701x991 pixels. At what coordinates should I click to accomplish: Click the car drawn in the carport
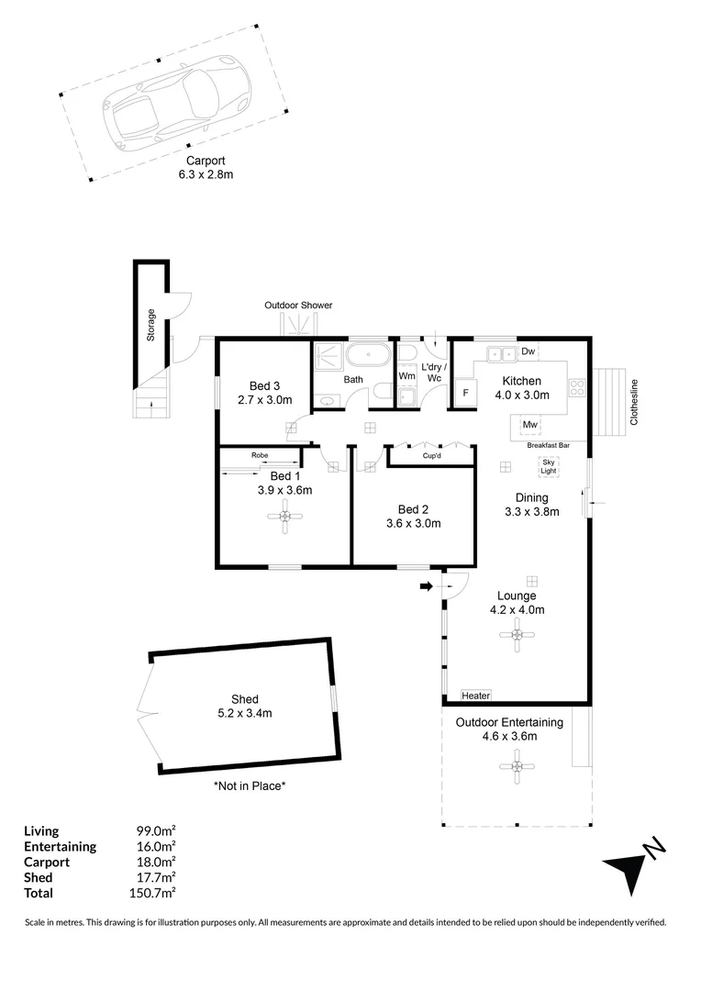click(174, 103)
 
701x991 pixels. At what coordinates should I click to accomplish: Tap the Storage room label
click(151, 325)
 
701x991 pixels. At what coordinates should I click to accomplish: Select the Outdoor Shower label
click(298, 305)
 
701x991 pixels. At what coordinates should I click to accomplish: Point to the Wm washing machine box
click(407, 375)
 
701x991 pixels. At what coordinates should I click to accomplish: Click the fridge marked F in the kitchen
click(465, 393)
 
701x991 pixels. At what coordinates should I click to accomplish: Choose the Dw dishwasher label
click(528, 351)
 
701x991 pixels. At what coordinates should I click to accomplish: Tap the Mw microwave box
click(529, 425)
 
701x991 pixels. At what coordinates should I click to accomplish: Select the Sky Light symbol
click(548, 466)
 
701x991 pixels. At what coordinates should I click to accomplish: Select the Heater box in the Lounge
click(476, 696)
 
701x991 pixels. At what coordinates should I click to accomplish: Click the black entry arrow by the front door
click(427, 585)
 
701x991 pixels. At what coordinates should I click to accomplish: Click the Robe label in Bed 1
click(260, 454)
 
